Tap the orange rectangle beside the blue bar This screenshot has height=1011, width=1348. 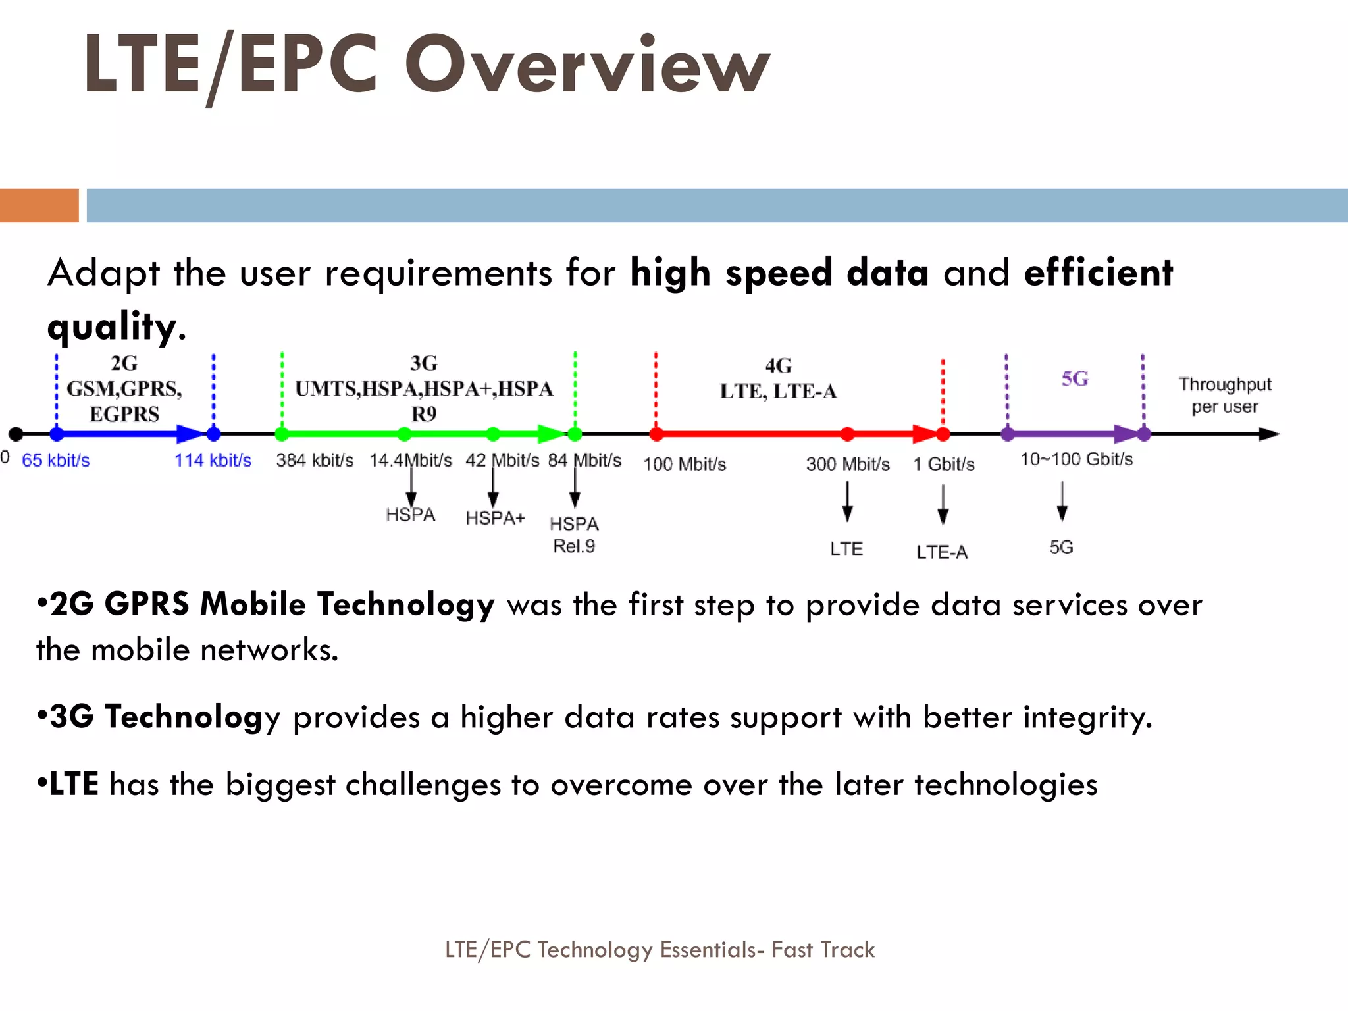tap(39, 205)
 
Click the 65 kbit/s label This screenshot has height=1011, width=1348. tap(56, 460)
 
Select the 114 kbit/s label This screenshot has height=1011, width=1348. tap(213, 460)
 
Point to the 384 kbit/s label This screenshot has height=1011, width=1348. tap(315, 460)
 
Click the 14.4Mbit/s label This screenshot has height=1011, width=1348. tap(411, 460)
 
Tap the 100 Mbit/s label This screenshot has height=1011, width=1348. tap(685, 464)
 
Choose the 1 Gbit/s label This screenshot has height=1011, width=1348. tap(943, 464)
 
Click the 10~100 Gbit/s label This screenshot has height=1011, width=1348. tap(1076, 459)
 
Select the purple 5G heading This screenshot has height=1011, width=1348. tap(1074, 378)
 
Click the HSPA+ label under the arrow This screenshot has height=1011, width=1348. tap(495, 518)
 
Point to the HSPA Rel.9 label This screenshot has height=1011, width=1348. tap(574, 534)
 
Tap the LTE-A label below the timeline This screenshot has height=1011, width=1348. tap(942, 552)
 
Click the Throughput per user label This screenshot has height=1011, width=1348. tap(1224, 395)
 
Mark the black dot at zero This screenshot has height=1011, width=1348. tap(16, 434)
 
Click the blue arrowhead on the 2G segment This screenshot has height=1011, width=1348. tap(191, 434)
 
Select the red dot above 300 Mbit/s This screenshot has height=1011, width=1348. tap(848, 434)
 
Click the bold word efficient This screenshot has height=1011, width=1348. tap(1098, 272)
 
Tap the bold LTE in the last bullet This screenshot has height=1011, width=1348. tap(74, 784)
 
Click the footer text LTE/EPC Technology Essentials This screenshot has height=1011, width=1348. tap(660, 949)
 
